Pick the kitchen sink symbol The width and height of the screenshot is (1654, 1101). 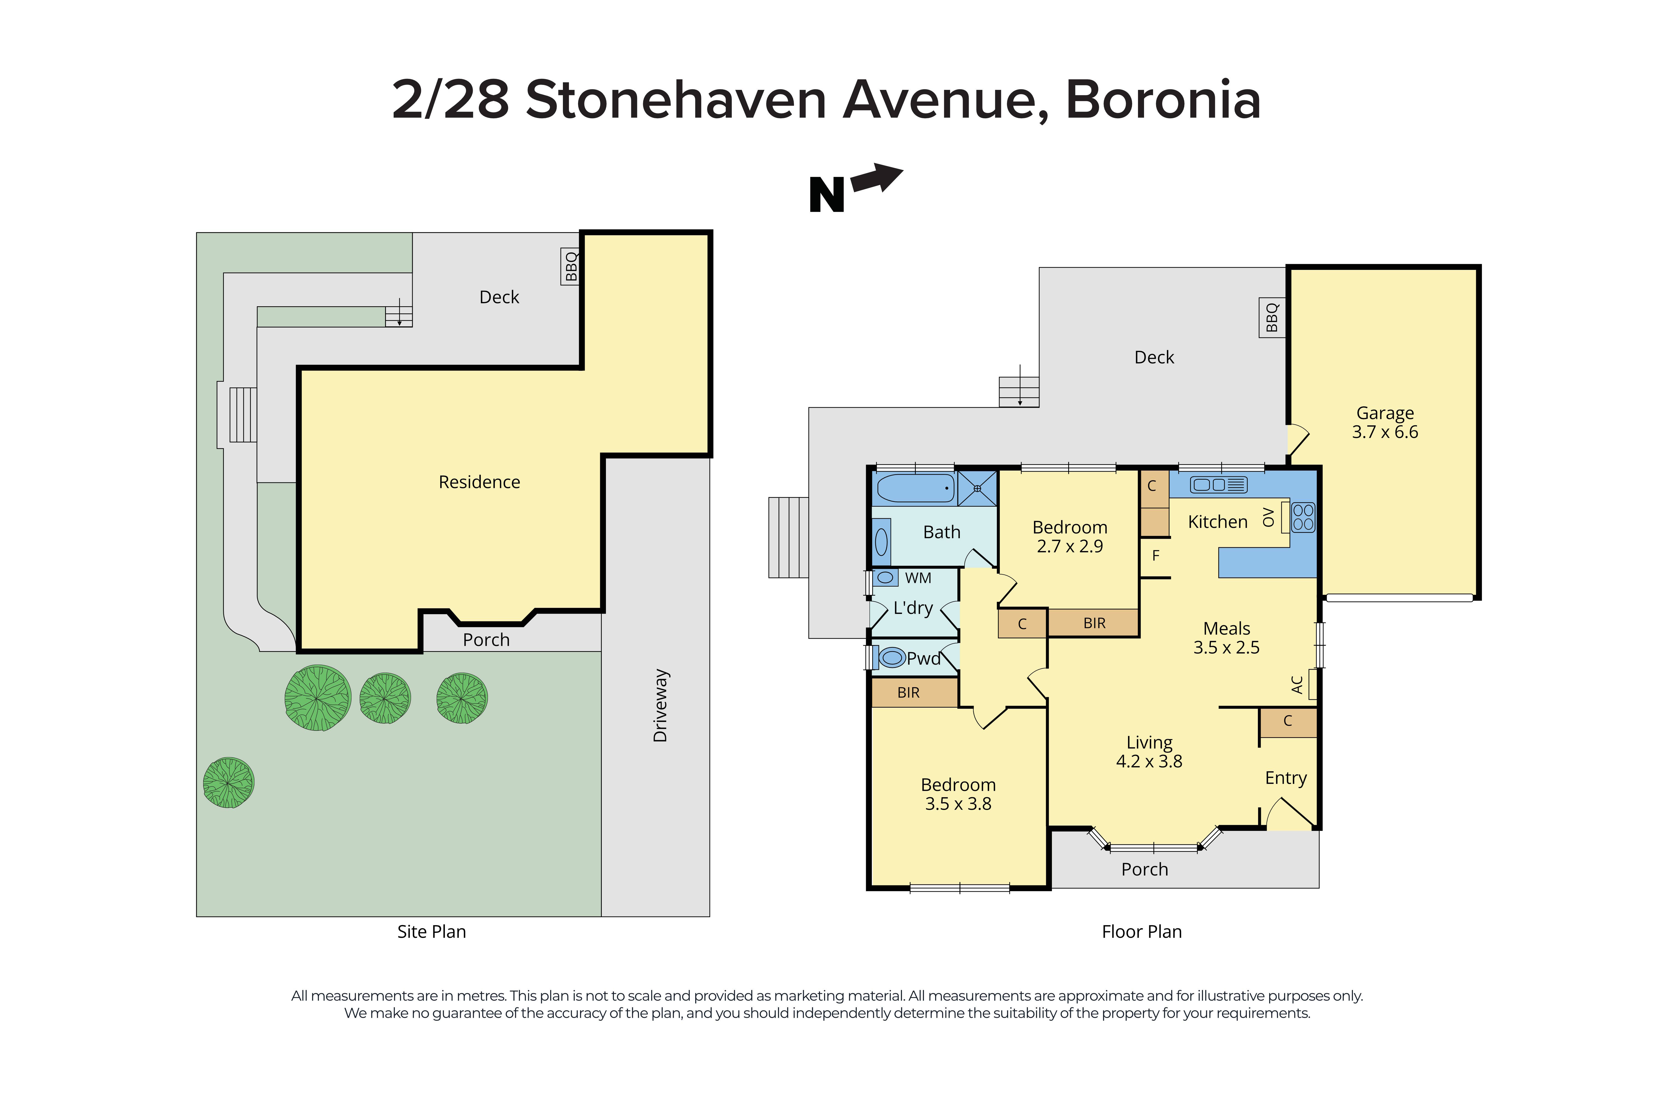[x=1218, y=485]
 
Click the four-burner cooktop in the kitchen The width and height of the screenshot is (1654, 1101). [x=1303, y=517]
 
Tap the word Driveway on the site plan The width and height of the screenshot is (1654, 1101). [x=660, y=706]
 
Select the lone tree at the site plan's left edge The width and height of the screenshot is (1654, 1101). [x=228, y=782]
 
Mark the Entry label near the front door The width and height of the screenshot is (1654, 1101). [x=1285, y=778]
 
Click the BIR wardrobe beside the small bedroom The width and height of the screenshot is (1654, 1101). [x=1094, y=623]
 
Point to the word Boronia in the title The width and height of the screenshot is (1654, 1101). [x=1162, y=100]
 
